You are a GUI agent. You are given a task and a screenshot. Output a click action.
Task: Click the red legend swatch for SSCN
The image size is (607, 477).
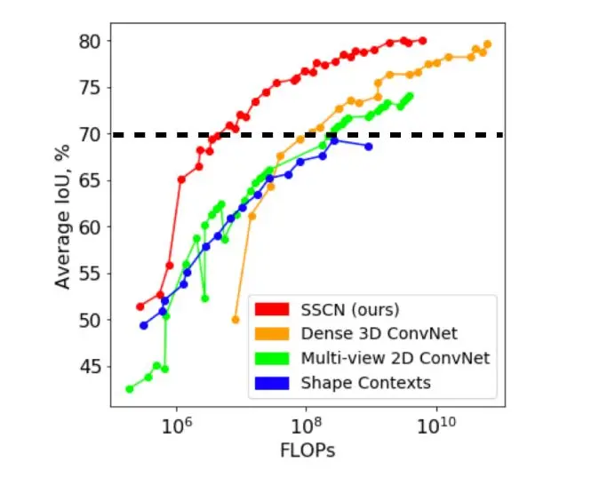click(272, 310)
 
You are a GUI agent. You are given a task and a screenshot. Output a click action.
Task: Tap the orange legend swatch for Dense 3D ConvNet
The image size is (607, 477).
click(272, 334)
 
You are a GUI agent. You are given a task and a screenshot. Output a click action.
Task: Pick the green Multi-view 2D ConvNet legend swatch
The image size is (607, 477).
click(272, 358)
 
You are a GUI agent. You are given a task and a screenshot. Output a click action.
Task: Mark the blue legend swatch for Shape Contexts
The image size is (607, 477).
click(272, 383)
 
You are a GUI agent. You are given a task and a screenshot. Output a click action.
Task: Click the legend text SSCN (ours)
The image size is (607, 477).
click(350, 310)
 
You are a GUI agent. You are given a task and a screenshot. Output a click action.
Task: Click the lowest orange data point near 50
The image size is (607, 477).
click(236, 319)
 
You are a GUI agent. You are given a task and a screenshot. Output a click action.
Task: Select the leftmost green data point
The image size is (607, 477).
click(130, 388)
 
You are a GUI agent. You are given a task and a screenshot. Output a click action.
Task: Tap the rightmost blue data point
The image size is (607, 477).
click(369, 147)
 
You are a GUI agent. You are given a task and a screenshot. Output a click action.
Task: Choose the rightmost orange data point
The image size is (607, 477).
click(487, 44)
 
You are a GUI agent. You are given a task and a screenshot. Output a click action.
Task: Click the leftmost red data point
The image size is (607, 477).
click(140, 306)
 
